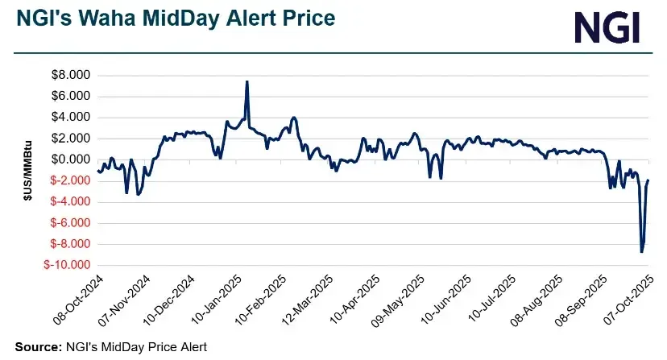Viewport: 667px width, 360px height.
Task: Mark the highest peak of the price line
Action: tap(246, 81)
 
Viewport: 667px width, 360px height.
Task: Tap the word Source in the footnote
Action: tap(35, 347)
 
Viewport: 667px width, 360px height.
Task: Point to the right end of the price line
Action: tap(648, 180)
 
